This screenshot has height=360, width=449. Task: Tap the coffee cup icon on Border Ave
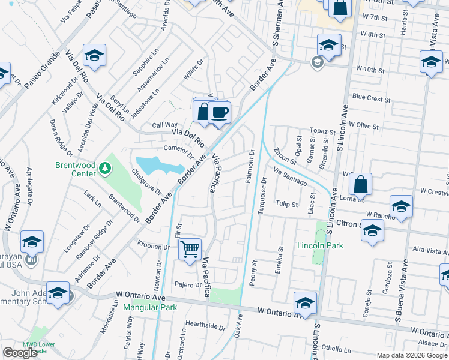tap(219, 112)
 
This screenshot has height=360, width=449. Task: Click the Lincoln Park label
tap(320, 245)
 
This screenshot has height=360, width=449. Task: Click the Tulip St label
tap(286, 204)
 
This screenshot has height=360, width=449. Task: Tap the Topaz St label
tap(321, 130)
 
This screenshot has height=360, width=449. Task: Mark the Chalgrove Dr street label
tap(146, 181)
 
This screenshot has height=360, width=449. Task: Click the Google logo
tap(20, 353)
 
